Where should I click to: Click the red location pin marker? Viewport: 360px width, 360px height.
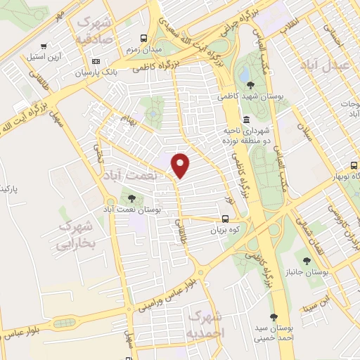[x=181, y=165]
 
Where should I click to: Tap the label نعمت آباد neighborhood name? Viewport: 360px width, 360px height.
[x=131, y=173]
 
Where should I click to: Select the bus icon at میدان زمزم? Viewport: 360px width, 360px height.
[x=143, y=39]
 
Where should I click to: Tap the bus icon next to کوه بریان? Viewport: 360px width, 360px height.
[x=225, y=219]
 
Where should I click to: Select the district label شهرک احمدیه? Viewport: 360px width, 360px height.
[x=205, y=322]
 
